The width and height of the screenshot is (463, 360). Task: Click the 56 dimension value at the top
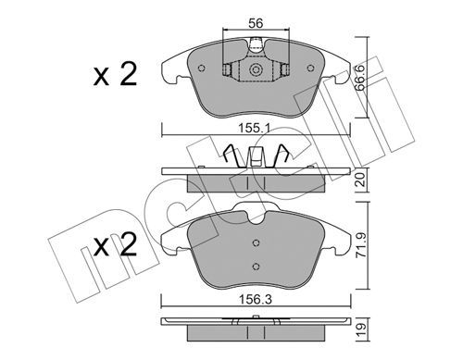click(x=256, y=23)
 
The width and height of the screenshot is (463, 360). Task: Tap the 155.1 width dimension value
click(x=255, y=128)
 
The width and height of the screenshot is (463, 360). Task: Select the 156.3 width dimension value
click(x=256, y=299)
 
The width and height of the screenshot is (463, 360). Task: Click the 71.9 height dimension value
click(x=360, y=245)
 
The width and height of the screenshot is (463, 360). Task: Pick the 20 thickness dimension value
click(x=360, y=180)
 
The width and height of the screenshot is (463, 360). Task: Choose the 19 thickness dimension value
click(x=361, y=329)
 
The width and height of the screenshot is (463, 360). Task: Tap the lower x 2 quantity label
click(x=115, y=245)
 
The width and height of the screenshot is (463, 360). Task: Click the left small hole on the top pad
click(x=202, y=68)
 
